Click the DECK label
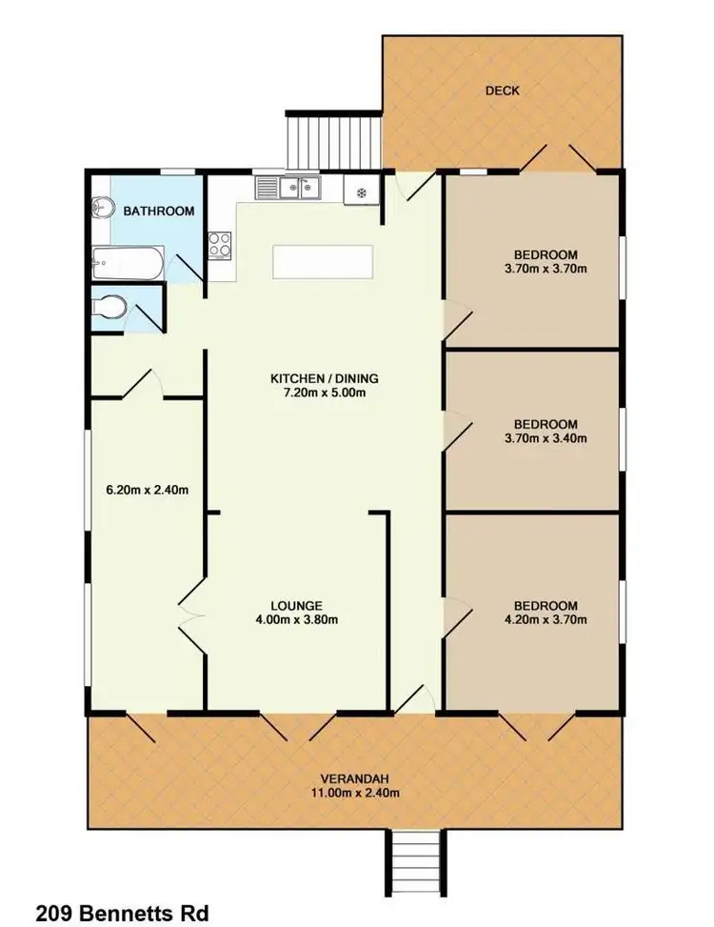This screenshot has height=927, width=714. (x=502, y=91)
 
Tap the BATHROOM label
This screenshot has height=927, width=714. (x=159, y=212)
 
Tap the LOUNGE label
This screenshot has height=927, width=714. (x=296, y=605)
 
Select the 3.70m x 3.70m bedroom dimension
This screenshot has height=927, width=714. (x=545, y=269)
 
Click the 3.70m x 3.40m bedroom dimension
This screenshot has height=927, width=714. (x=545, y=438)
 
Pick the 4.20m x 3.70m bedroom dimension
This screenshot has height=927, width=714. (x=545, y=620)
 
